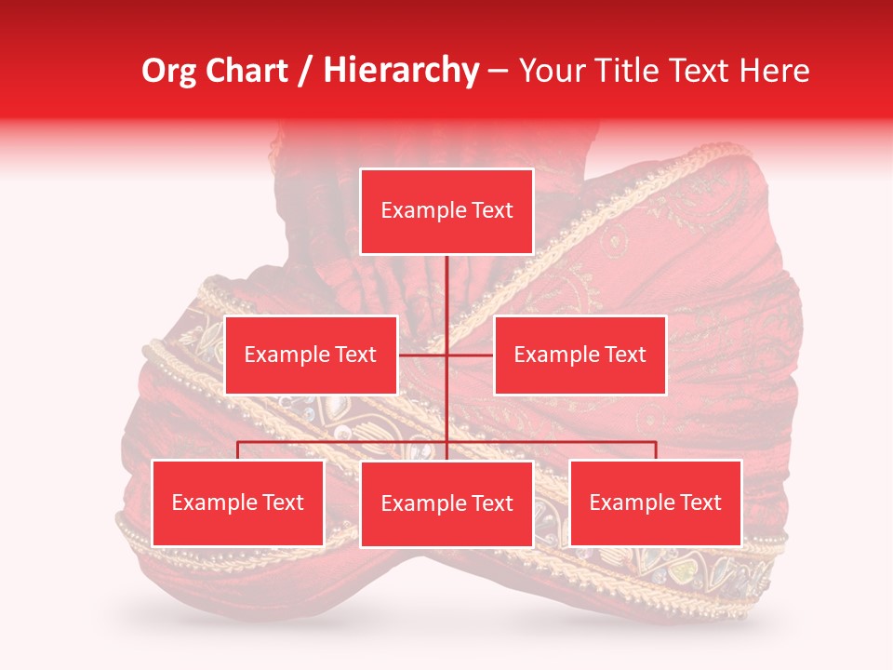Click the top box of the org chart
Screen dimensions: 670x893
(x=446, y=211)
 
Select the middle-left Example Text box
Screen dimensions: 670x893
(x=311, y=355)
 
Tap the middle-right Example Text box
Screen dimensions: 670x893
(x=580, y=355)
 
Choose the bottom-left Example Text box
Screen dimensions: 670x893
(x=238, y=502)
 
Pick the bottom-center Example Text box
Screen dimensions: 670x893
(x=446, y=503)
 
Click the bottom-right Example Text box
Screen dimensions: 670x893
(x=656, y=502)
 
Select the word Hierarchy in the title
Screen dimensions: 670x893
(x=401, y=71)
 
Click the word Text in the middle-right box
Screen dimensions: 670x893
(x=622, y=355)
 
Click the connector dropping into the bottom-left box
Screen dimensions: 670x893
(x=238, y=450)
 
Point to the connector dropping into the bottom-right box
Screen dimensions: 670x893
(x=656, y=450)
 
